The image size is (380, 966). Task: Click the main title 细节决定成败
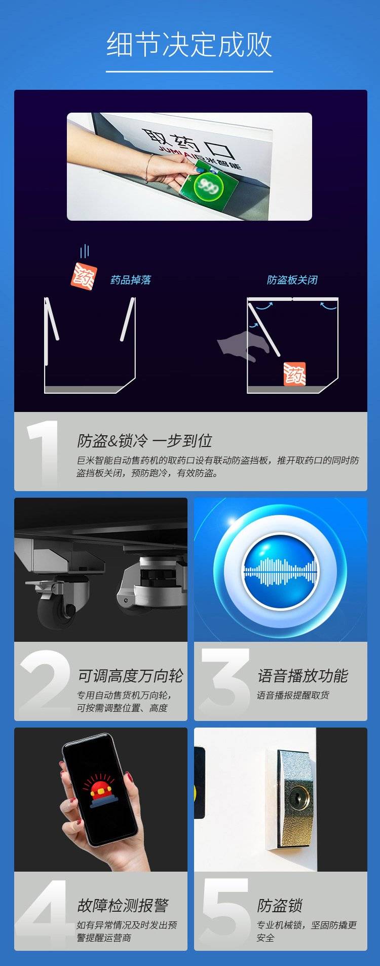click(x=189, y=45)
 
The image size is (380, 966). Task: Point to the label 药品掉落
click(x=131, y=280)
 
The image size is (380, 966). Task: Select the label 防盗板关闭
click(x=292, y=280)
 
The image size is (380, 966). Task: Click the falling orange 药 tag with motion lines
click(x=84, y=276)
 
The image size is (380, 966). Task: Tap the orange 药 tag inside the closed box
click(x=294, y=374)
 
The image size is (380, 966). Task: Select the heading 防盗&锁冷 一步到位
click(x=144, y=441)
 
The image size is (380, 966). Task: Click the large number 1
click(x=44, y=453)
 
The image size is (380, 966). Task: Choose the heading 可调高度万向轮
click(x=130, y=676)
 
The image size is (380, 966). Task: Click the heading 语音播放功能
click(x=302, y=676)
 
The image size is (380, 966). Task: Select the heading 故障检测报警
click(x=123, y=905)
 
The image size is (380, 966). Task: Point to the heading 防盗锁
click(x=280, y=905)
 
